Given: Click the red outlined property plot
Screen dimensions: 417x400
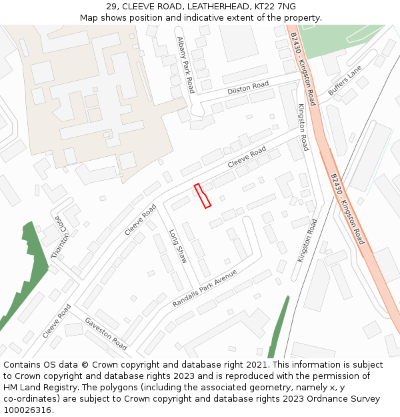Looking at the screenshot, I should pyautogui.click(x=202, y=196).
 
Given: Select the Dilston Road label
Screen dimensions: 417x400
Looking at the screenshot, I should pyautogui.click(x=247, y=87).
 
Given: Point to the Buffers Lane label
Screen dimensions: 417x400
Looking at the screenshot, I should pyautogui.click(x=345, y=81).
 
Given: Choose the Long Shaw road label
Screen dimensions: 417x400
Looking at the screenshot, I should pyautogui.click(x=177, y=246).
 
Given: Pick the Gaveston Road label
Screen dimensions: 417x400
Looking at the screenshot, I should pyautogui.click(x=105, y=333).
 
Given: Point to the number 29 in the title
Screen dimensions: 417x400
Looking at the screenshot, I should pyautogui.click(x=111, y=6).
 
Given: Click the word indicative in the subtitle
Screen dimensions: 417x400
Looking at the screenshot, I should pyautogui.click(x=207, y=17).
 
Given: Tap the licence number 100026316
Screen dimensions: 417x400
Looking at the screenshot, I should pyautogui.click(x=28, y=410).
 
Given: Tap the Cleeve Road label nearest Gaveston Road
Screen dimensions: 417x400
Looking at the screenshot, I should pyautogui.click(x=56, y=321).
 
